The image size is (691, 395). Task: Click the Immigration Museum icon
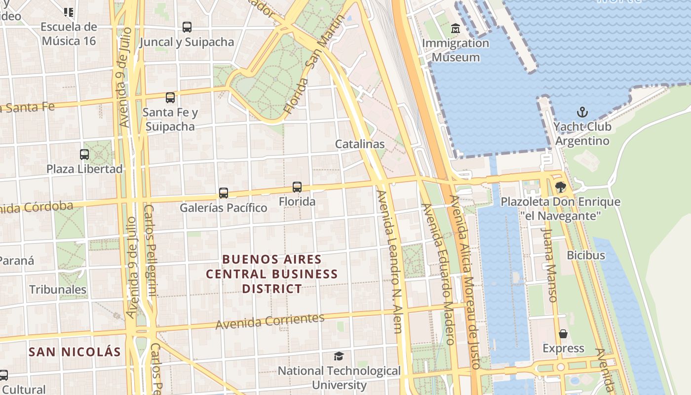[455, 29]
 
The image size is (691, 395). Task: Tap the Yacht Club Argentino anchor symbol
[582, 112]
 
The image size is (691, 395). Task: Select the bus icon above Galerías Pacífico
[224, 193]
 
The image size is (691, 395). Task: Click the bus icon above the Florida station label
[297, 187]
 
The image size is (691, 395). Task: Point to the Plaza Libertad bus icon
[84, 155]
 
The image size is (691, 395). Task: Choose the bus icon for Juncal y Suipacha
[187, 27]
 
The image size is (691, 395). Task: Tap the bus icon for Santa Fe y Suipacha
[170, 98]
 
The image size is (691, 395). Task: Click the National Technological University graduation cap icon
[339, 356]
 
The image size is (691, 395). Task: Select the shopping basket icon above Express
[563, 334]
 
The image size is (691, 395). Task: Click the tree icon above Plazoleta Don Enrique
[560, 187]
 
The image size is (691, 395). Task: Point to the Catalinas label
[360, 144]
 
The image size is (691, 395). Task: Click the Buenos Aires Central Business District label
[272, 274]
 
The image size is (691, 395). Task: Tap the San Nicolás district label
[75, 352]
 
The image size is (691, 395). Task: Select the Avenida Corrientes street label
[270, 321]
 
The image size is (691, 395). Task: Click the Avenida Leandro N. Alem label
[390, 262]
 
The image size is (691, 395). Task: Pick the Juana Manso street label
[549, 264]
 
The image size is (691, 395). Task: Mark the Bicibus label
[586, 255]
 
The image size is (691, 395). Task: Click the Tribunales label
[58, 289]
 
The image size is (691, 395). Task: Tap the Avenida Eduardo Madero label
[437, 274]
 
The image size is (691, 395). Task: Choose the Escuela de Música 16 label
[69, 34]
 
